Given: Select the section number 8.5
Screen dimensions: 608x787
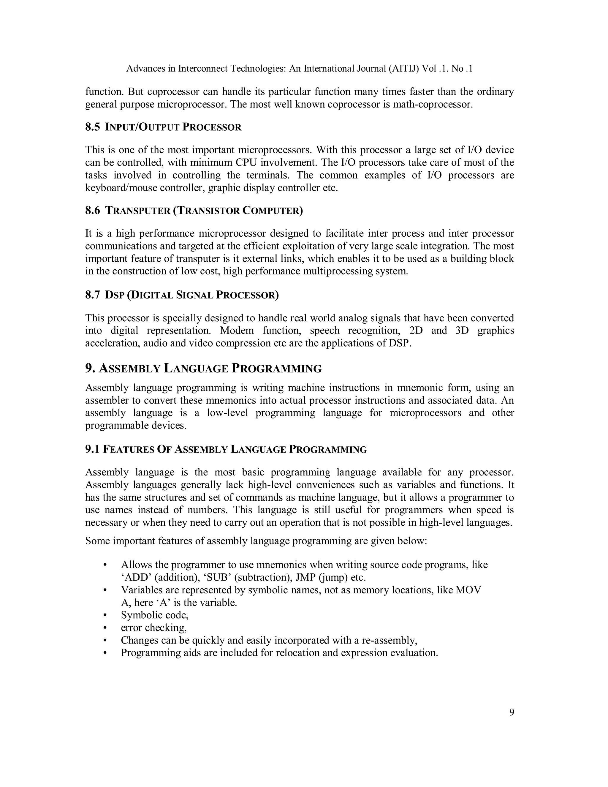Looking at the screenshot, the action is (x=92, y=127).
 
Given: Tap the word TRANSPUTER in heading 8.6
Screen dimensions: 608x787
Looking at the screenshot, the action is (x=137, y=211).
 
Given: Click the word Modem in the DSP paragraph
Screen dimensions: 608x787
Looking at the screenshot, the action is (x=237, y=331).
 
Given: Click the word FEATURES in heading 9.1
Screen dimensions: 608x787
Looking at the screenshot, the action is (x=128, y=449).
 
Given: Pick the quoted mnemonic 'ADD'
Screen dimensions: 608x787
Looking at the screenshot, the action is (x=135, y=578).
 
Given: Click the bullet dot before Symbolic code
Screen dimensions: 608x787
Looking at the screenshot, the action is (x=105, y=615).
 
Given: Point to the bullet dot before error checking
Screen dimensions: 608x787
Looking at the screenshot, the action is (x=105, y=628).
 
